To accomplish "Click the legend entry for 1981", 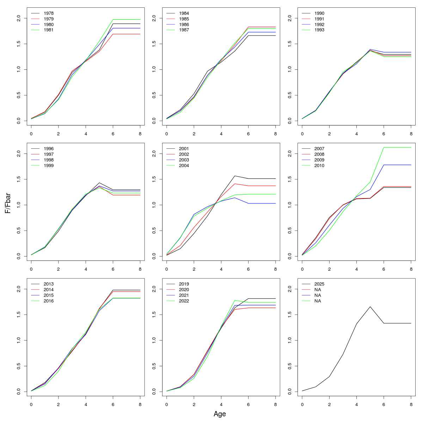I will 49,30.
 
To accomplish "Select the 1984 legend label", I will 184,13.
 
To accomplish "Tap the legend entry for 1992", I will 319,25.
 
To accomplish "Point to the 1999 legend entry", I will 49,166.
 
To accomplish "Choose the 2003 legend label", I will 184,160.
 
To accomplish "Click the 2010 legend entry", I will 319,166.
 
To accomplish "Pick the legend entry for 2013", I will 49,284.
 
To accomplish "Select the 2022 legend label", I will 184,301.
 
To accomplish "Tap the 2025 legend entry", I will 319,284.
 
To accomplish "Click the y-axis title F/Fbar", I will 8,203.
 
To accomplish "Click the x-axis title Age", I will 220,414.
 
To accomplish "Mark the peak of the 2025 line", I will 370,307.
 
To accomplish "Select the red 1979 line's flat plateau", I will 127,34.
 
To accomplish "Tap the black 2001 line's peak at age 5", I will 235,176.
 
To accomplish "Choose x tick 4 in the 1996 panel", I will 86,269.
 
